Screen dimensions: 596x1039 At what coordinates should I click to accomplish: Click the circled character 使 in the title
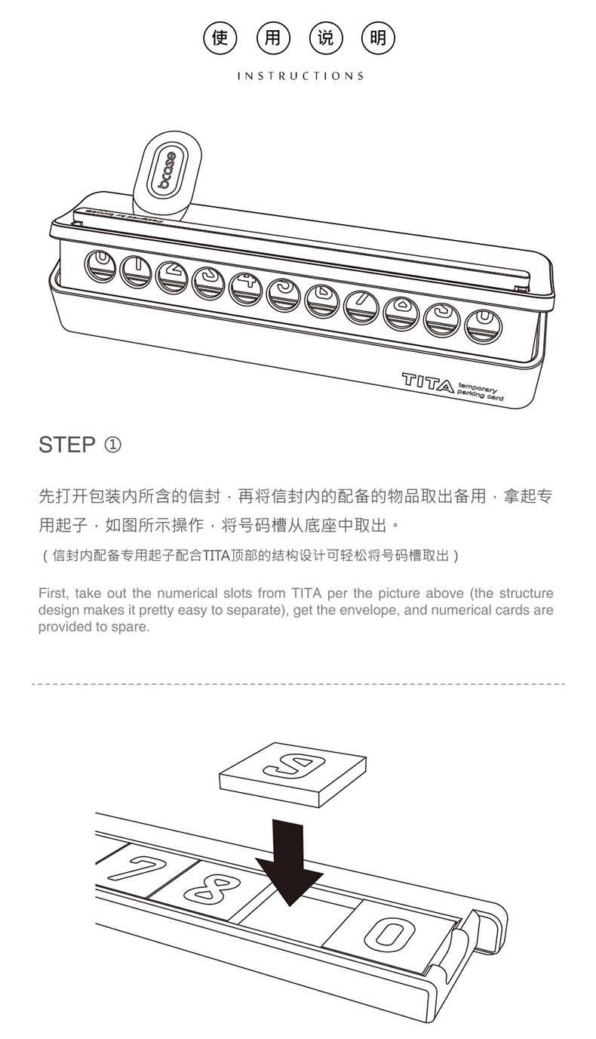[x=220, y=38]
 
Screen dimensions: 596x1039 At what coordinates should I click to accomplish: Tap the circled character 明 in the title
[x=378, y=38]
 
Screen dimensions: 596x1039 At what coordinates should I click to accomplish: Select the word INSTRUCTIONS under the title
[x=301, y=76]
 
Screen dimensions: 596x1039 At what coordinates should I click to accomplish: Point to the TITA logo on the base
[x=427, y=383]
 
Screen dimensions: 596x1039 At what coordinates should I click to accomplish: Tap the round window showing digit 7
[x=361, y=307]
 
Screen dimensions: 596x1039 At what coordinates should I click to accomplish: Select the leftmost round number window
[x=100, y=265]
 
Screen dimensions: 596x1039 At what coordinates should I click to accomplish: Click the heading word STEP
[x=67, y=445]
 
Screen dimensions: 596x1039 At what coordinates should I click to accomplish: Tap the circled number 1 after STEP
[x=112, y=446]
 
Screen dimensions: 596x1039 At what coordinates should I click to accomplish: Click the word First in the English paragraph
[x=54, y=593]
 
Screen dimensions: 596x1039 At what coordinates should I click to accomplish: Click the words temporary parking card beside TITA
[x=481, y=393]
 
